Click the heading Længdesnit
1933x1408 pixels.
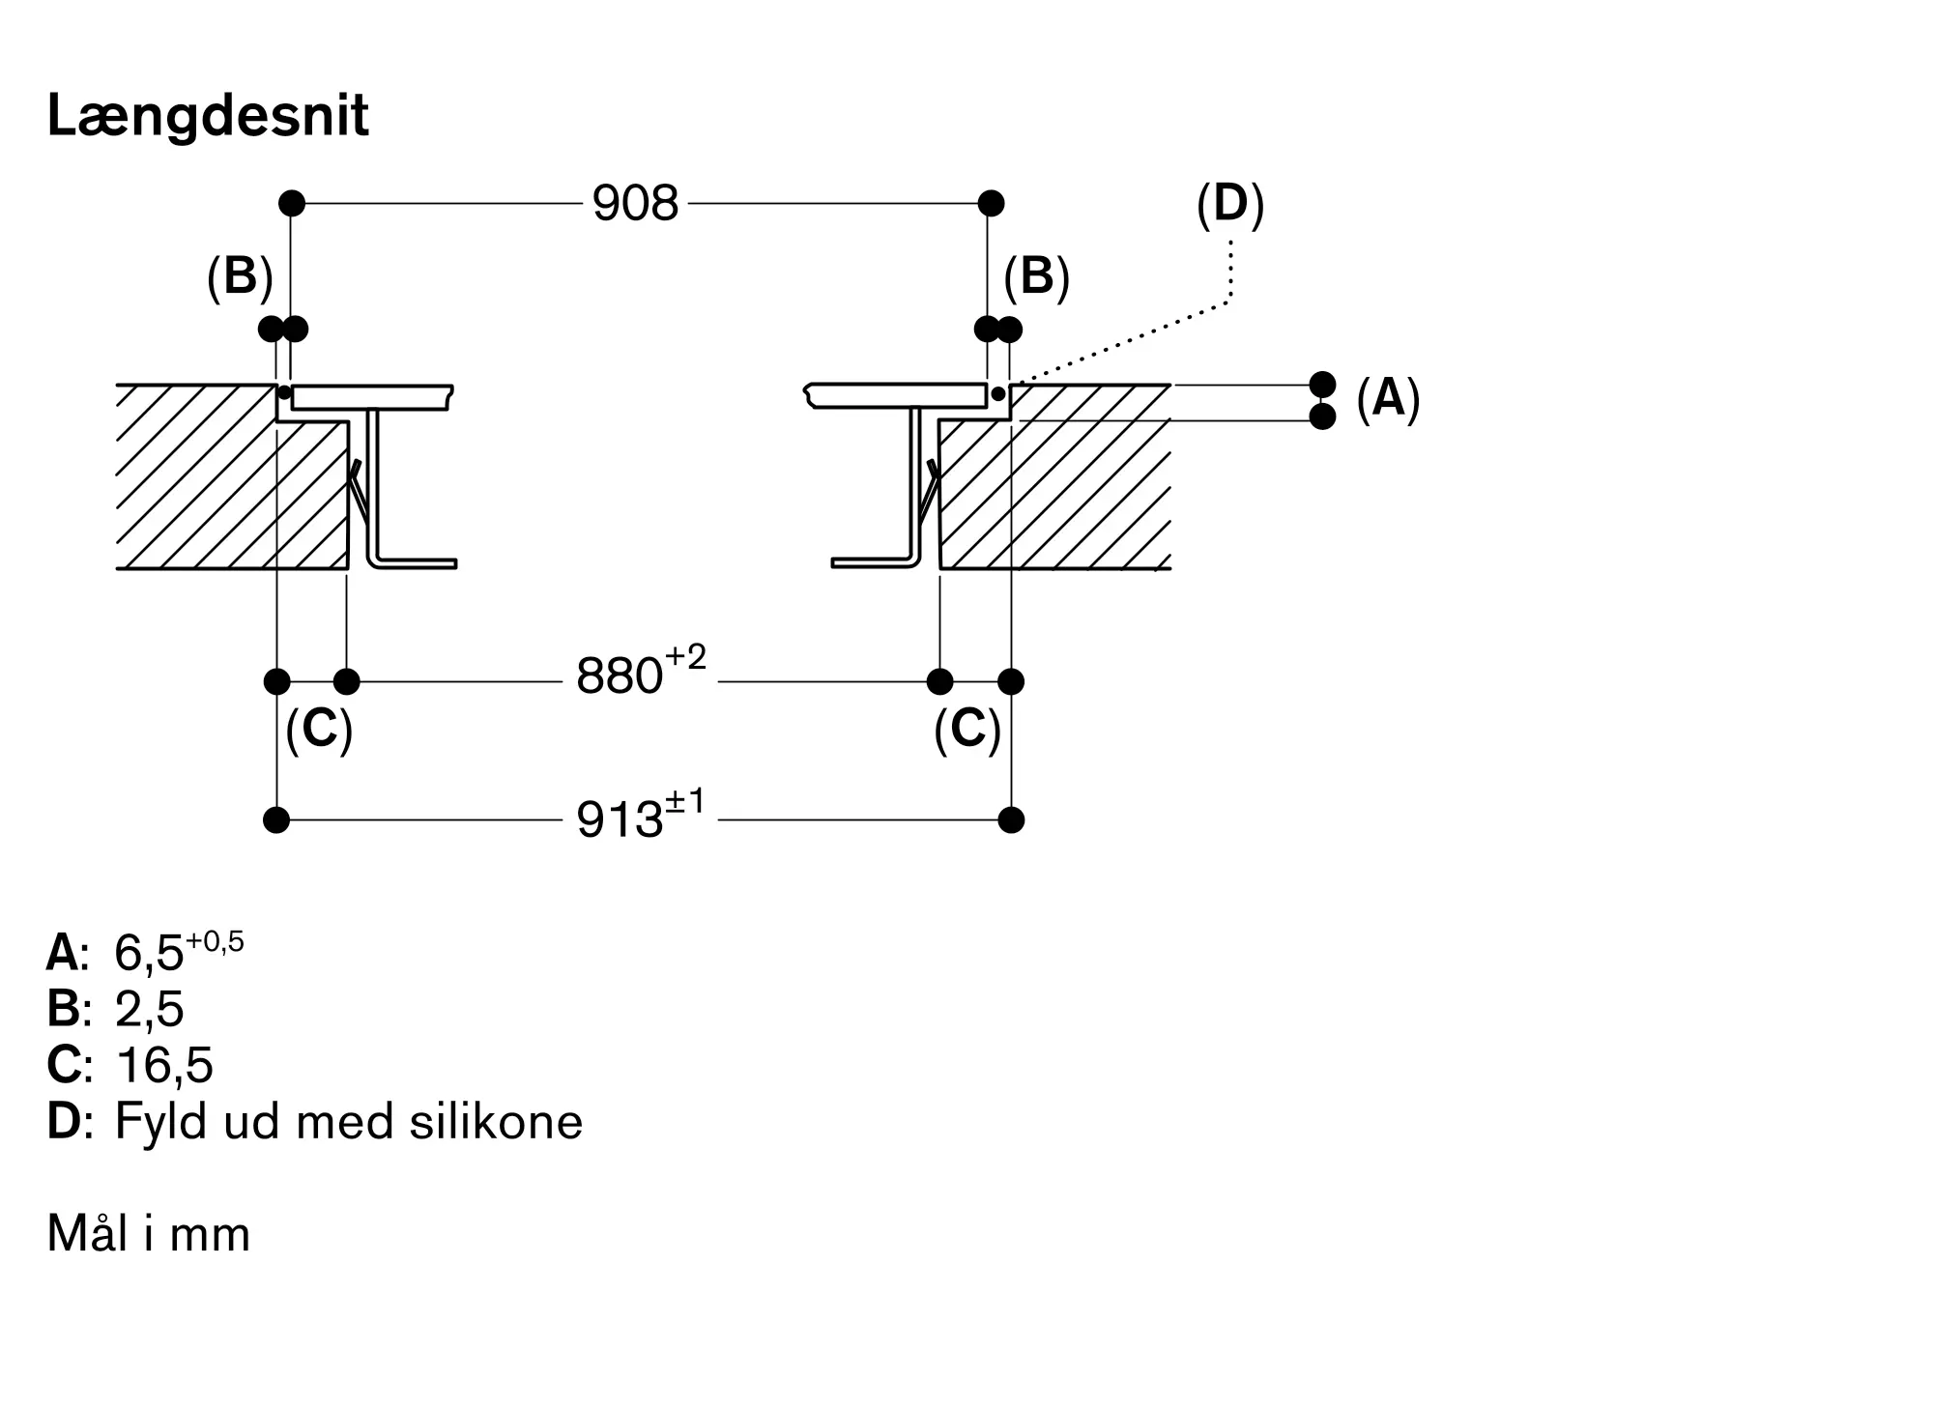[208, 117]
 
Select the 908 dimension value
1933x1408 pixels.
[635, 204]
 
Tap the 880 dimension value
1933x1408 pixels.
[620, 675]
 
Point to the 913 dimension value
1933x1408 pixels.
[620, 820]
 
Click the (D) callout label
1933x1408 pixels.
[1229, 205]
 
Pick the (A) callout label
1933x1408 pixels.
[1388, 398]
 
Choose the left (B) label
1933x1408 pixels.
[240, 277]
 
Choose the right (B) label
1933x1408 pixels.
[1036, 277]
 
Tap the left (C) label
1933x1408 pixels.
[319, 730]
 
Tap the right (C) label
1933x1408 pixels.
[966, 730]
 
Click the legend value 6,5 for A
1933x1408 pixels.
[150, 955]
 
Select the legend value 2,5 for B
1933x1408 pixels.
[149, 1010]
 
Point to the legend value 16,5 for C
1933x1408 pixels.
[163, 1066]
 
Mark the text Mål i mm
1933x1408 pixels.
[149, 1234]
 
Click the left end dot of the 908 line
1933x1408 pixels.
[291, 203]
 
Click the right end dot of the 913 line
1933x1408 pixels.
[1011, 820]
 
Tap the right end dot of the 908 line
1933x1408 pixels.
[991, 203]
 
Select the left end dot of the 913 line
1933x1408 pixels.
[276, 820]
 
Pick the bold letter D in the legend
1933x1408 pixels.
[64, 1122]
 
